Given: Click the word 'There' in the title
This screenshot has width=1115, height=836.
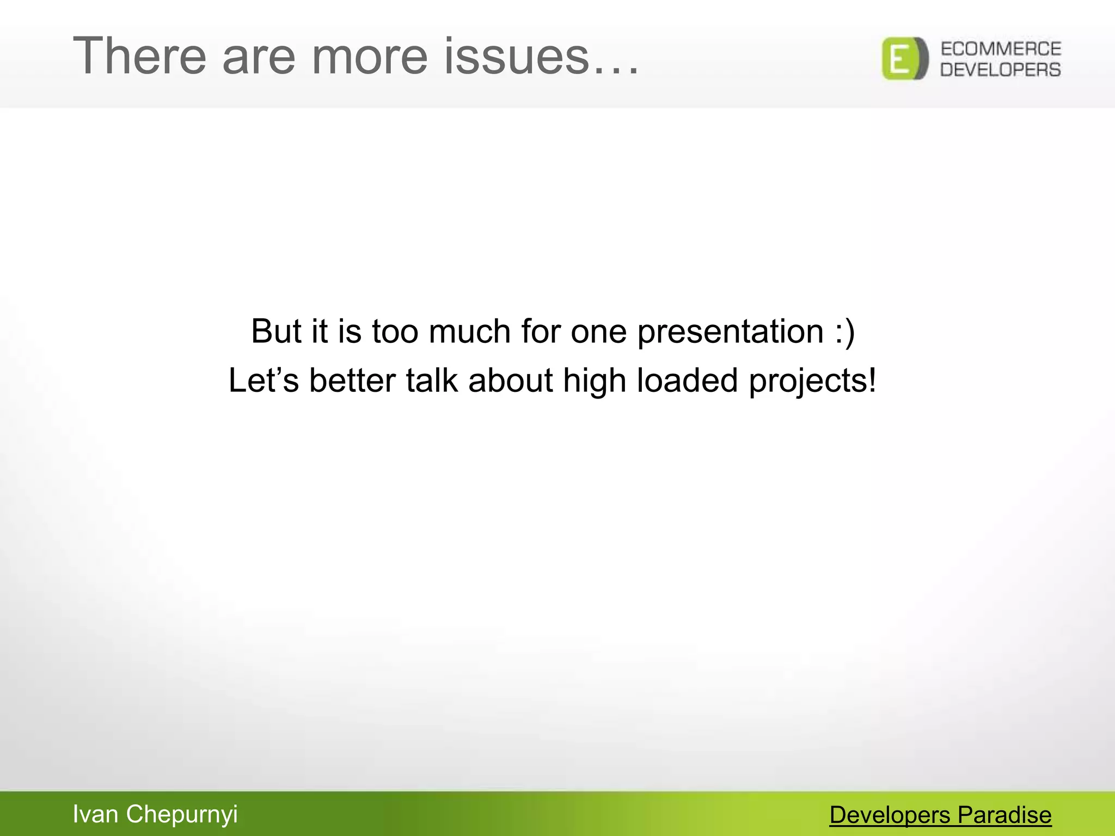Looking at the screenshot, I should tap(139, 56).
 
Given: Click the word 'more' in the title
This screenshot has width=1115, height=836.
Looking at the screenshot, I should tap(369, 56).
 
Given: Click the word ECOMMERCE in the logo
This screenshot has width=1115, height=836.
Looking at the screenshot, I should tap(1001, 49).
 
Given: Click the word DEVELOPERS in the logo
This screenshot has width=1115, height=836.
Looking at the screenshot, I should tap(1001, 70).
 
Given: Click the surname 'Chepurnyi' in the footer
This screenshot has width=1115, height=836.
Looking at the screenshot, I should tap(182, 814).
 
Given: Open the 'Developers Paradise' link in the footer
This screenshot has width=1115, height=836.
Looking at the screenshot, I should tap(940, 815).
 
